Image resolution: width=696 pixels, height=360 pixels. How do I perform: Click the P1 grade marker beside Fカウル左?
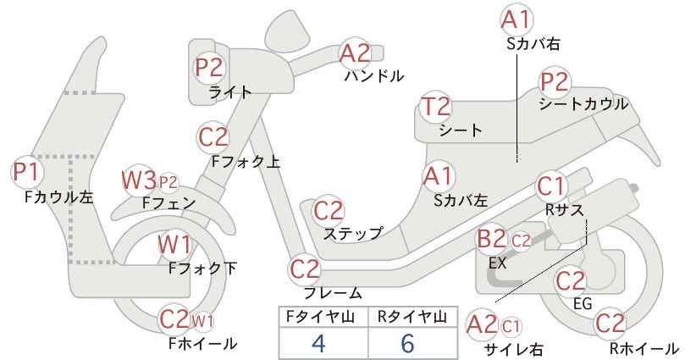coord(26,172)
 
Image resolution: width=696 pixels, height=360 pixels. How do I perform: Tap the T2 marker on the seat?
coord(436,107)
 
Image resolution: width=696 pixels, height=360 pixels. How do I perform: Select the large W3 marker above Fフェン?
coord(139,180)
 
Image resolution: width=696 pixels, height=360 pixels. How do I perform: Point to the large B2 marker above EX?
coord(491,239)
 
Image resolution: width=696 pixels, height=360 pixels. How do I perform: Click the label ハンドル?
coord(374,76)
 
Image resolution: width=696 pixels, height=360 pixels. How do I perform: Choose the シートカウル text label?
coord(583,104)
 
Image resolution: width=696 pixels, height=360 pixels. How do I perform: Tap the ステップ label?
coord(352,234)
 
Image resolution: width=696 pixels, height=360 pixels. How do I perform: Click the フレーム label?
coord(333,293)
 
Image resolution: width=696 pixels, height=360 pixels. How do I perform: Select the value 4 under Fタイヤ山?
coord(318,343)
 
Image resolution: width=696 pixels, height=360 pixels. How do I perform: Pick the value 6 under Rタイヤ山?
coord(407,343)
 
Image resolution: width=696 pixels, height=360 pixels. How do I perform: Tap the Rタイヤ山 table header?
coord(412,317)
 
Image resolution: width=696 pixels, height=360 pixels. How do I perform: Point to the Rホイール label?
coord(644,348)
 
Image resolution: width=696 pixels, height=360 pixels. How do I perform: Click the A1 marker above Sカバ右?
coord(516,19)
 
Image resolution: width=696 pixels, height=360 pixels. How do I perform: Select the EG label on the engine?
coord(583,304)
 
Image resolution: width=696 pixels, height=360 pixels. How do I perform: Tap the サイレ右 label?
coord(514,350)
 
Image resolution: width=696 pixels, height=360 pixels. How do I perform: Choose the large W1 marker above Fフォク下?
coord(175,245)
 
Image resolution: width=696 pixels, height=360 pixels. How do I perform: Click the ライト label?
coord(230,92)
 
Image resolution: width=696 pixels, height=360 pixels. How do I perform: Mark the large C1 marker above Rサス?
coord(550,186)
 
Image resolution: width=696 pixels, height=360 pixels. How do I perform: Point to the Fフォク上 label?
coord(246,161)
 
